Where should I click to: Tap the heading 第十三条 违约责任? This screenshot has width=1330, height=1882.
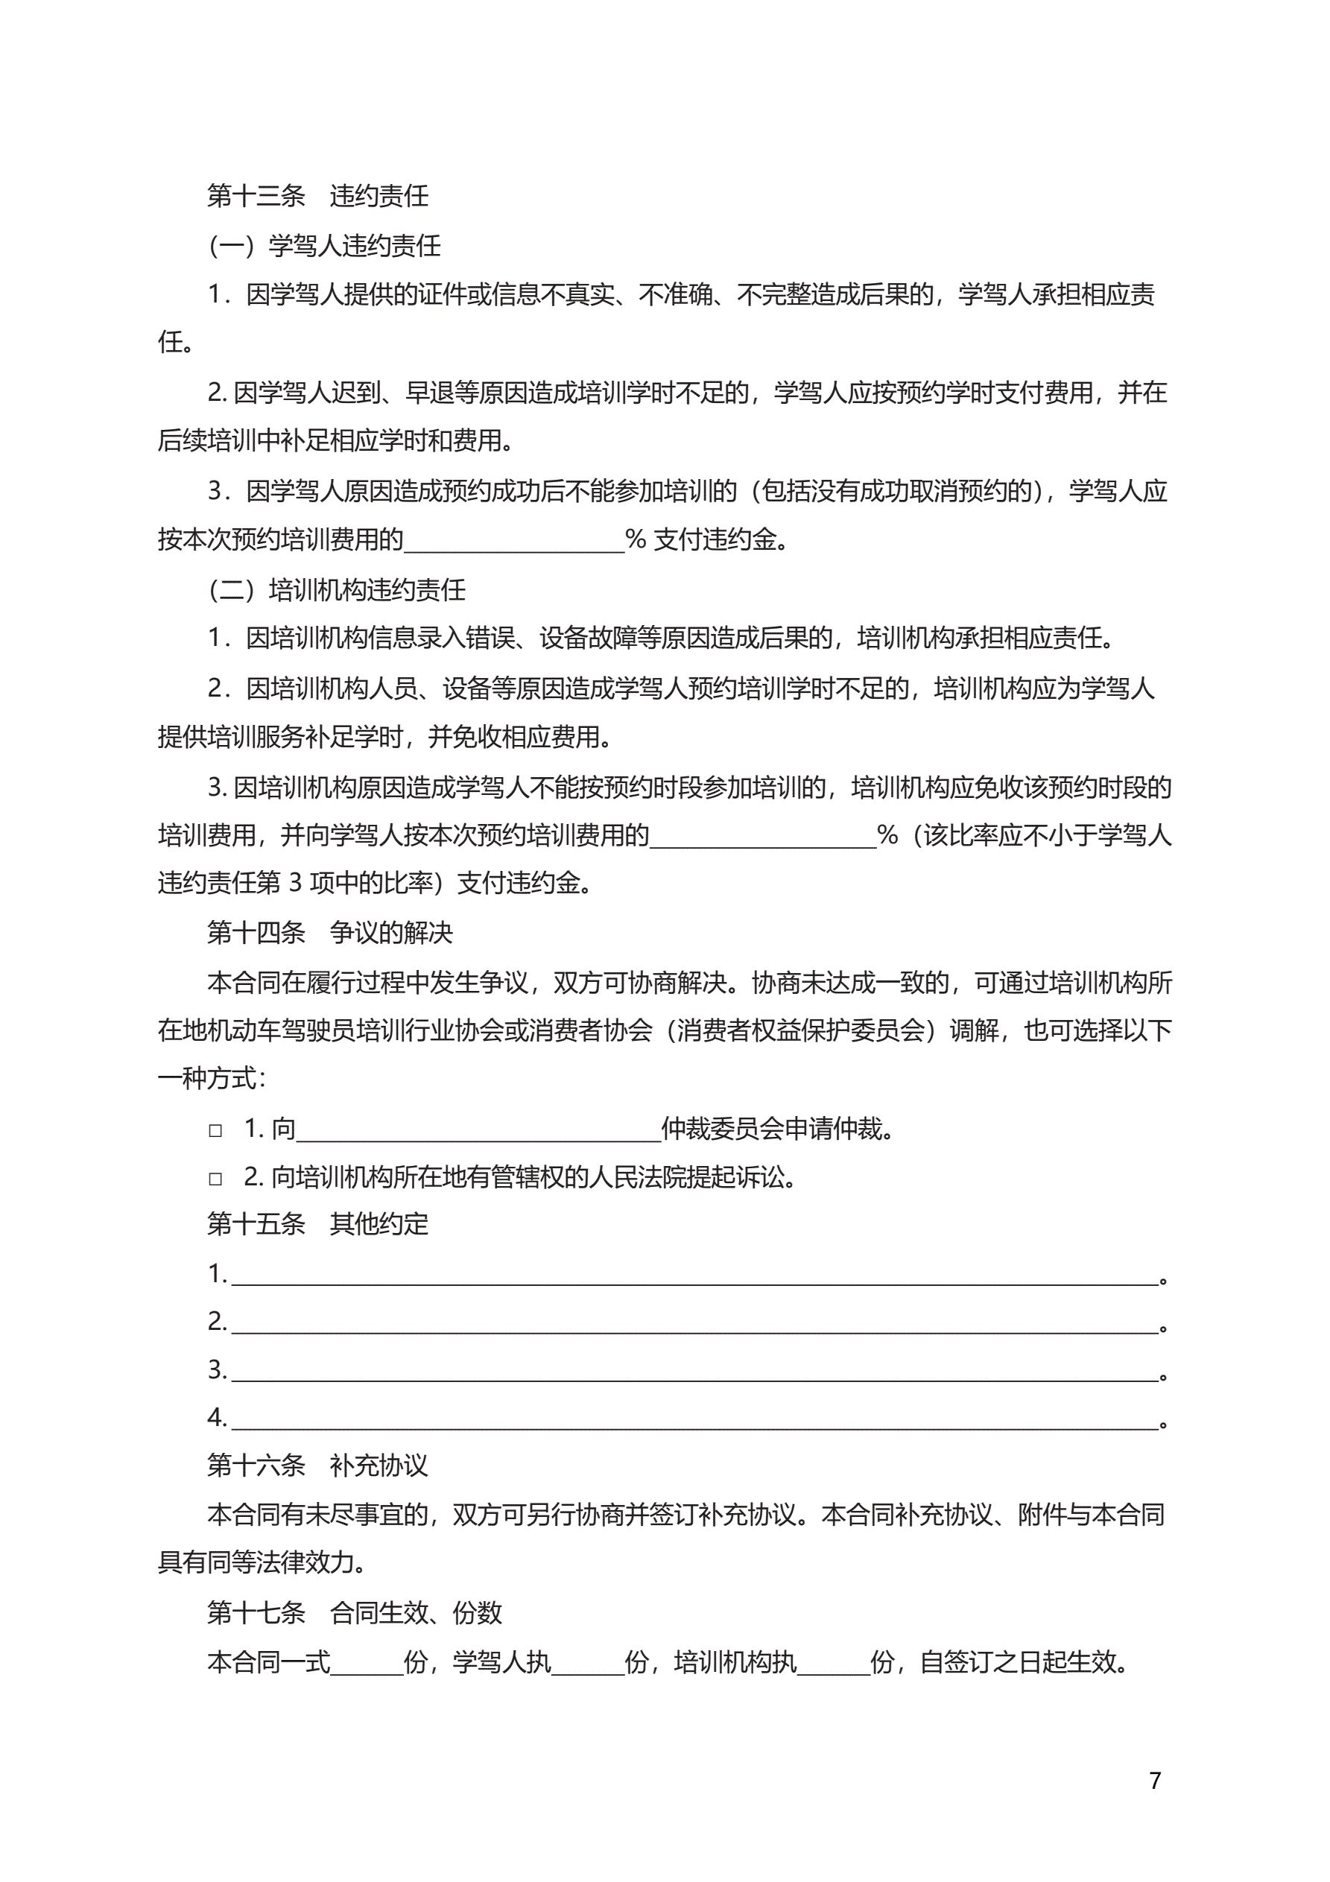tap(317, 196)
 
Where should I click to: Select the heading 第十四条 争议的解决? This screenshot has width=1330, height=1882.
tap(329, 932)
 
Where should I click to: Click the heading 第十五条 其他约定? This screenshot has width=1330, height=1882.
tap(317, 1224)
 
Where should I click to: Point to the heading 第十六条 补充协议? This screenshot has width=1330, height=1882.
tap(317, 1465)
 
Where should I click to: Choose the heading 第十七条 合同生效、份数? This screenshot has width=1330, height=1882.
tap(354, 1612)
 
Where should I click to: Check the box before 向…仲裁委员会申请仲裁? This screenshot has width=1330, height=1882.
tap(215, 1131)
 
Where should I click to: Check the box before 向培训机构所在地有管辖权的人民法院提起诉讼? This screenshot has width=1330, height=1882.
tap(215, 1179)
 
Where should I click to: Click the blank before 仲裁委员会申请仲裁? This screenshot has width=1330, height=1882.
tap(478, 1131)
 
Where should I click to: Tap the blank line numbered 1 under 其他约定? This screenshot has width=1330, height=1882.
tap(694, 1276)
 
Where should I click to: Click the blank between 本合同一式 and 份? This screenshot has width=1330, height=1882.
tap(367, 1662)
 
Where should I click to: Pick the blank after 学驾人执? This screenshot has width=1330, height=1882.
tap(587, 1662)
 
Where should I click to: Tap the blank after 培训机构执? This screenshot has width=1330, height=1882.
tap(833, 1662)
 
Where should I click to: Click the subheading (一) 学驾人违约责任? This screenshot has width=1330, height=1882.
tap(325, 245)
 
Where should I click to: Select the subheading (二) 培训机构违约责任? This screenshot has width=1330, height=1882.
tap(337, 589)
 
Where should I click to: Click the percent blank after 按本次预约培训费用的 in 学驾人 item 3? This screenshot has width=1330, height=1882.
tap(514, 540)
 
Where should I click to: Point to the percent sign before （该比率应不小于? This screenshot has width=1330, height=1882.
tap(887, 835)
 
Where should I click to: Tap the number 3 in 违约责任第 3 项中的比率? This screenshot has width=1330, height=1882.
tap(295, 883)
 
